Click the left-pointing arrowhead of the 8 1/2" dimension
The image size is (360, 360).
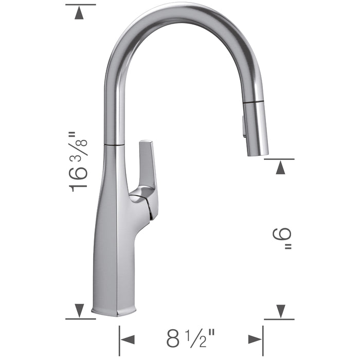pos(127,339)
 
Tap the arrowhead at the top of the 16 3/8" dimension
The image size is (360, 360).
pos(79,14)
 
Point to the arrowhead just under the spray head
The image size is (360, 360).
pos(280,168)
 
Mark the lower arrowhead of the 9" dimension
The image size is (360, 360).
pos(280,310)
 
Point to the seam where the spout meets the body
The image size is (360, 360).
pos(114,146)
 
